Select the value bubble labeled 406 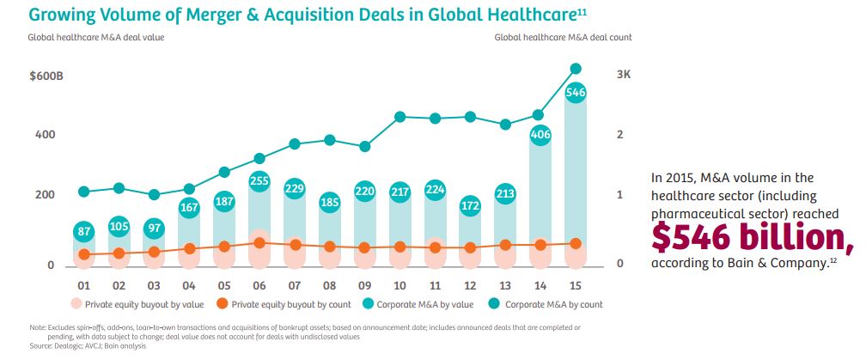tap(540, 134)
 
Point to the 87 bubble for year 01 tap(84, 231)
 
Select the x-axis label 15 tap(576, 284)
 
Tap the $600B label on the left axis tap(46, 76)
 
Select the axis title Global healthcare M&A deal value tap(95, 37)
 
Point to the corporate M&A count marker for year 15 tap(576, 69)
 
